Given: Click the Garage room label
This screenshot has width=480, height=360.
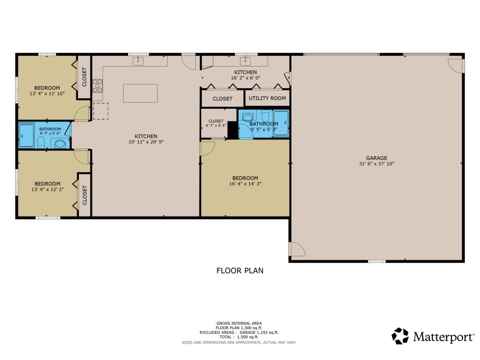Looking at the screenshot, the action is (376, 158).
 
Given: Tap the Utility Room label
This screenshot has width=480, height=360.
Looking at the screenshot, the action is (267, 98).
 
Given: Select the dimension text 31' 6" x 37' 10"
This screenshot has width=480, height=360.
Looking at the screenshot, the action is (376, 164).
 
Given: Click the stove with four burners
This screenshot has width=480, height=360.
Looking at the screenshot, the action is (97, 85).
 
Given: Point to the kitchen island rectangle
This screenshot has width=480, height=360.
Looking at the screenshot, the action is (141, 93).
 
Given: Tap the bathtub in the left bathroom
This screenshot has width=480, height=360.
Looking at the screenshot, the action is (26, 135).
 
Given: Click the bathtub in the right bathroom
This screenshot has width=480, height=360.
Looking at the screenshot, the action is (281, 123).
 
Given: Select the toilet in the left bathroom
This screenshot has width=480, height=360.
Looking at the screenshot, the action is (41, 142).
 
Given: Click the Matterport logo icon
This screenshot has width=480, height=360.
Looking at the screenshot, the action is (400, 336).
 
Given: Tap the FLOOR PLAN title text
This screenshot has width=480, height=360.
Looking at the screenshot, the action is (240, 270).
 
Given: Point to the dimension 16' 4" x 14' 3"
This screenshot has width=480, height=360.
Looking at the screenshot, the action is (245, 184).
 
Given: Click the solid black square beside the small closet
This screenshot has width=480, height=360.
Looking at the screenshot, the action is (233, 130).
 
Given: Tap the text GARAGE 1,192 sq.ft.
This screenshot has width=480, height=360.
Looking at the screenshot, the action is (259, 332).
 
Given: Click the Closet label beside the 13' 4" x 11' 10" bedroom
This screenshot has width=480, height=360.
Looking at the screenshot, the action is (84, 77).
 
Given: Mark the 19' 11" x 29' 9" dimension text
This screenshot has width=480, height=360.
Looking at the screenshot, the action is (146, 142).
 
